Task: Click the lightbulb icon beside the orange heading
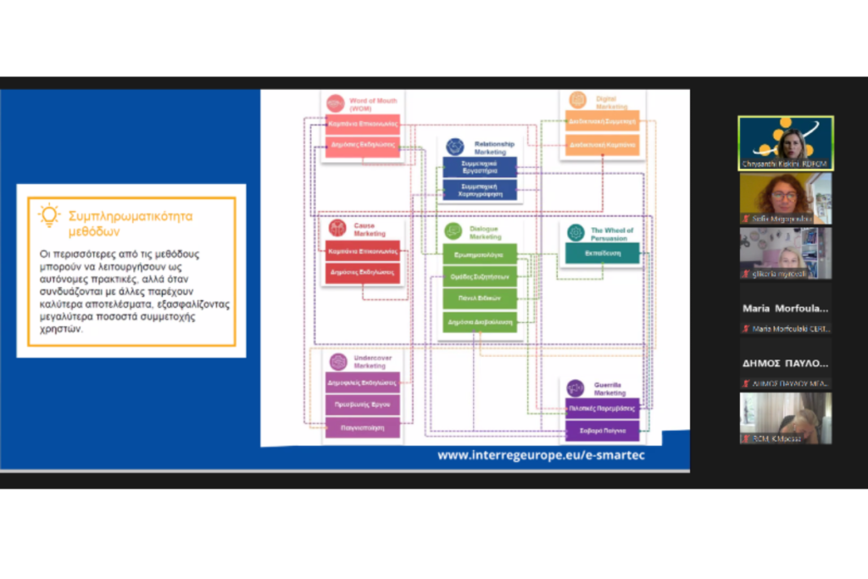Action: point(49,215)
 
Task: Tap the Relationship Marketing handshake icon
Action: point(455,146)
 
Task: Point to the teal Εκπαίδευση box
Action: point(602,253)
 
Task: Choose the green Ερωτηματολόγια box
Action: point(479,253)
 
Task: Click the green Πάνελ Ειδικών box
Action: point(479,299)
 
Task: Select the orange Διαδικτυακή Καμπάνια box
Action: point(603,145)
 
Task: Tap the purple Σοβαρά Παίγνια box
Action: point(603,430)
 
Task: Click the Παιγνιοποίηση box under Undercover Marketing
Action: point(362,428)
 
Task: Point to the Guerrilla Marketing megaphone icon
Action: point(576,387)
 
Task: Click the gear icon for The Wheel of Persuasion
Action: point(576,232)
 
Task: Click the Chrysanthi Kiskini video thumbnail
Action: point(785,143)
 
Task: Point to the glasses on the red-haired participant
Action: point(784,196)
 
